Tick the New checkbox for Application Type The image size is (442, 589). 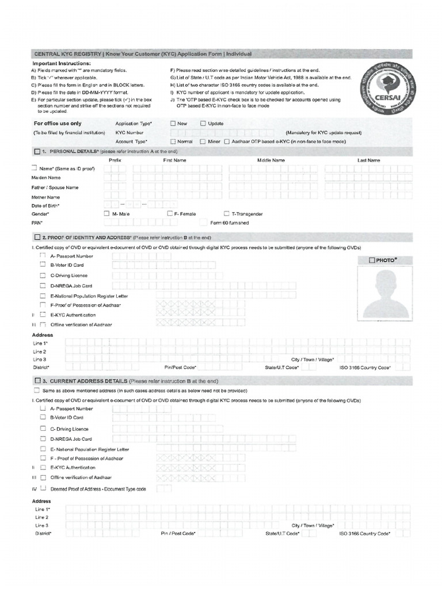tap(173, 123)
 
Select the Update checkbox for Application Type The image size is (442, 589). tap(203, 123)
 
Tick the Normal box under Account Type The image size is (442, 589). tap(173, 141)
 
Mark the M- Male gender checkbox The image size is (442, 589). tap(106, 213)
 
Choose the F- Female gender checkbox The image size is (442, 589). tap(170, 213)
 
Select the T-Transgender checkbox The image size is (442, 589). tap(226, 213)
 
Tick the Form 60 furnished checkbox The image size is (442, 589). tap(203, 223)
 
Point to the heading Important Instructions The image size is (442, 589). tap(62, 63)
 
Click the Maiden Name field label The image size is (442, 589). tap(46, 178)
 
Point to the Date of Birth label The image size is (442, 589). tap(45, 205)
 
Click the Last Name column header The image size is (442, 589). tap(369, 160)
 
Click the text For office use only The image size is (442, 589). tap(58, 123)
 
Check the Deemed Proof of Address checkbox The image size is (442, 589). tap(43, 488)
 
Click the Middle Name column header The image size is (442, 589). tap(270, 160)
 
